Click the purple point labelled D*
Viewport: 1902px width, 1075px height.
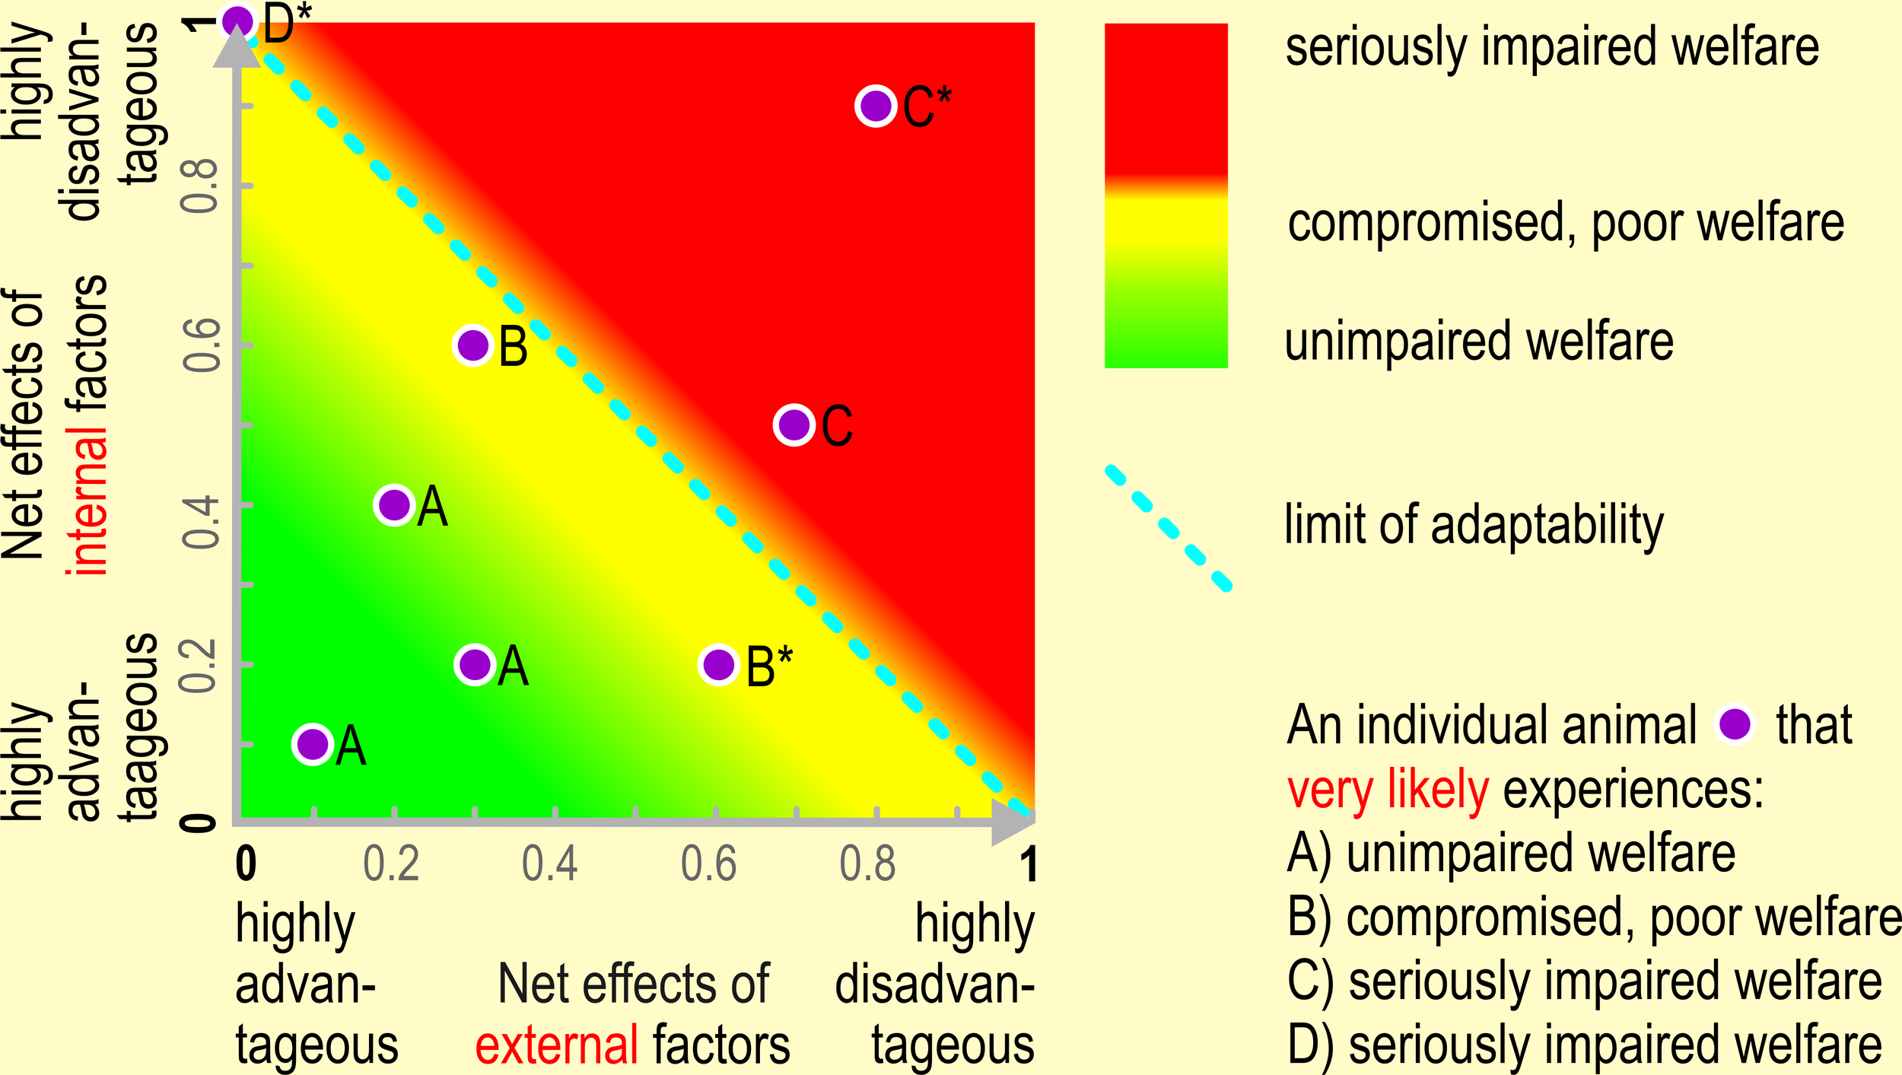click(237, 21)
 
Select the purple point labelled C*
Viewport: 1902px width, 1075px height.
click(876, 106)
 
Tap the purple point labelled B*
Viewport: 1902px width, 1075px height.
click(719, 664)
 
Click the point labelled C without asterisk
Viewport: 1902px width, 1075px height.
click(794, 425)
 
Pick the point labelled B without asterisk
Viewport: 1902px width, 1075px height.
click(473, 345)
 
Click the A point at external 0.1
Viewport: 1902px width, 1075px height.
click(313, 743)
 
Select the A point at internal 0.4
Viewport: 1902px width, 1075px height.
click(394, 504)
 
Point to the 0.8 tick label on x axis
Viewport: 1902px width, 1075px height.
click(867, 864)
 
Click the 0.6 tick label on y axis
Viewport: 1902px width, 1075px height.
click(202, 345)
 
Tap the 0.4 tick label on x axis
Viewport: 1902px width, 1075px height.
click(549, 864)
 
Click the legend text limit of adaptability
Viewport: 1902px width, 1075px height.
click(1474, 525)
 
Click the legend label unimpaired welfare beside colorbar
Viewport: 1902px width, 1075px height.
click(1478, 342)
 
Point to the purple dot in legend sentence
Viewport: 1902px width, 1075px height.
click(1735, 724)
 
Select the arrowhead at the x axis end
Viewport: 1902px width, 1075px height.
click(1013, 822)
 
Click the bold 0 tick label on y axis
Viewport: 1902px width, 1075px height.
click(199, 822)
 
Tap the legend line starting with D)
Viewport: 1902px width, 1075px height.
click(1584, 1045)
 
